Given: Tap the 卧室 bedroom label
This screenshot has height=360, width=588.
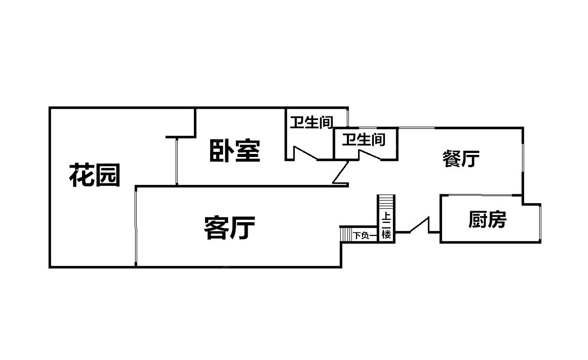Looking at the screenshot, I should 235,151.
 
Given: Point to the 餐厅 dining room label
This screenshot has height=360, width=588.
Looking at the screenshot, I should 461,159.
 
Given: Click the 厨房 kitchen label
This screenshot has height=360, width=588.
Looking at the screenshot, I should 487,220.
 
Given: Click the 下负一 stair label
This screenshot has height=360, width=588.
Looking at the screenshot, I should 365,235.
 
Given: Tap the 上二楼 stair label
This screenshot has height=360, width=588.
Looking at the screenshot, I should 386,226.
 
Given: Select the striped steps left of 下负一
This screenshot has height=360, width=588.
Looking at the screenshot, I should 346,234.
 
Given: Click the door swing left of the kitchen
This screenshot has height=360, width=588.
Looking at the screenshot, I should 419,225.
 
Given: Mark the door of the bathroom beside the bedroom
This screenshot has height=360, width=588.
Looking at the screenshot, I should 305,154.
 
